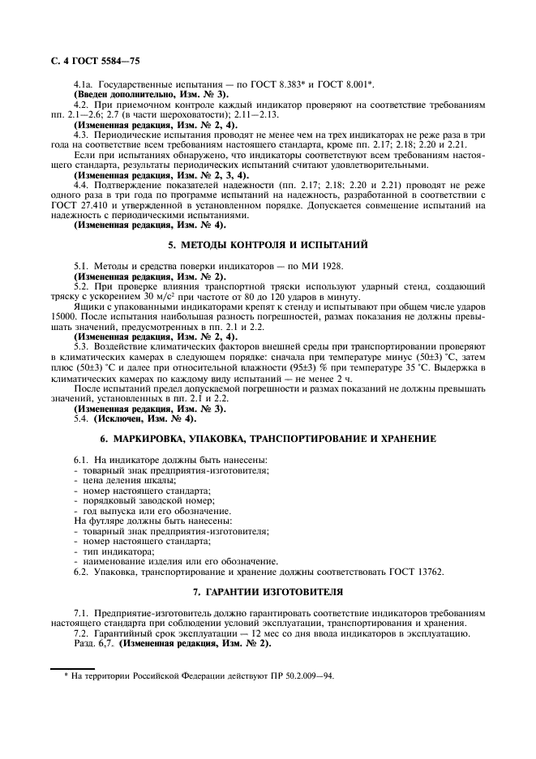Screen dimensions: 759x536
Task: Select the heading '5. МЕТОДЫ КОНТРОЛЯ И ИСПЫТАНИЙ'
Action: pyautogui.click(x=268, y=243)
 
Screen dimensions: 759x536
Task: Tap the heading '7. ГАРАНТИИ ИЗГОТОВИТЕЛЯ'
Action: pyautogui.click(x=268, y=591)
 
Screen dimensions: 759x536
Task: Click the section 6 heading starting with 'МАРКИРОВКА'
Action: pyautogui.click(x=268, y=439)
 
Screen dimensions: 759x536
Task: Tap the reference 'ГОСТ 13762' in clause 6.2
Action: pyautogui.click(x=419, y=571)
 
